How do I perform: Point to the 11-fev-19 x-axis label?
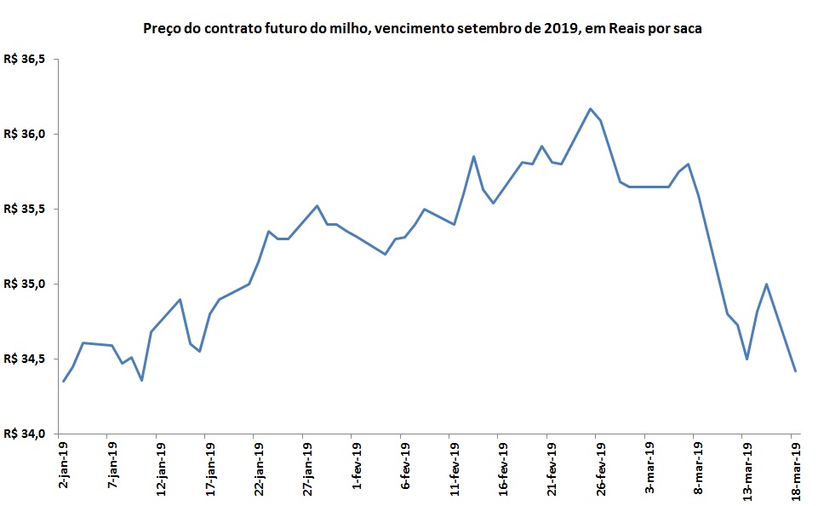click(x=454, y=468)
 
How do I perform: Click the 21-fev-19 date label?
click(x=552, y=468)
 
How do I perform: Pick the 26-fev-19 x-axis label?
click(x=600, y=468)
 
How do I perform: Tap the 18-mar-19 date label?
click(x=796, y=468)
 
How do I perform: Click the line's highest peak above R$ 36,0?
click(x=590, y=108)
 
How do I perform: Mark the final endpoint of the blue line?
click(x=795, y=371)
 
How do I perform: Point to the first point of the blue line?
click(x=63, y=381)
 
